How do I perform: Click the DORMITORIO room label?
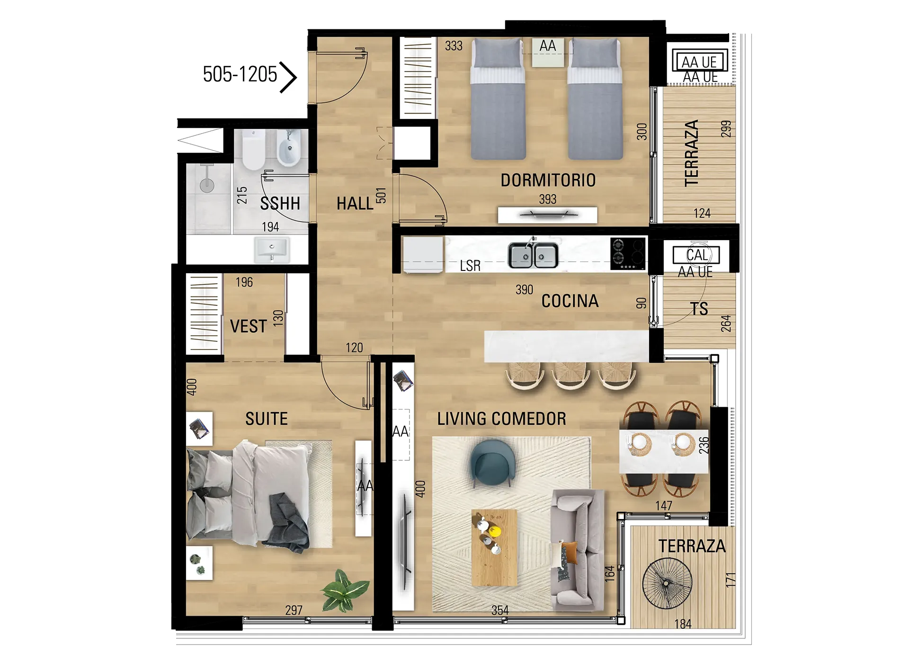click(548, 180)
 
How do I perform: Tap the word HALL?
click(355, 204)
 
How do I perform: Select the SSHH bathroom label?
click(280, 204)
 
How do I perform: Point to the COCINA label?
click(570, 301)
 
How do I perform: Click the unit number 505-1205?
click(240, 74)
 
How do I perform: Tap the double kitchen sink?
click(533, 256)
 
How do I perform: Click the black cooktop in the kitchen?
click(628, 253)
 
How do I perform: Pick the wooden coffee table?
click(495, 547)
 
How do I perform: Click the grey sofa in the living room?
click(578, 550)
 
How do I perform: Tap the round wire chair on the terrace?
click(667, 583)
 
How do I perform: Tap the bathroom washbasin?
click(272, 249)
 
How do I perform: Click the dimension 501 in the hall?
click(381, 196)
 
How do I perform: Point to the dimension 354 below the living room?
click(500, 610)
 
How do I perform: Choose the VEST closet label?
click(249, 326)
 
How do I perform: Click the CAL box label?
click(697, 255)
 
